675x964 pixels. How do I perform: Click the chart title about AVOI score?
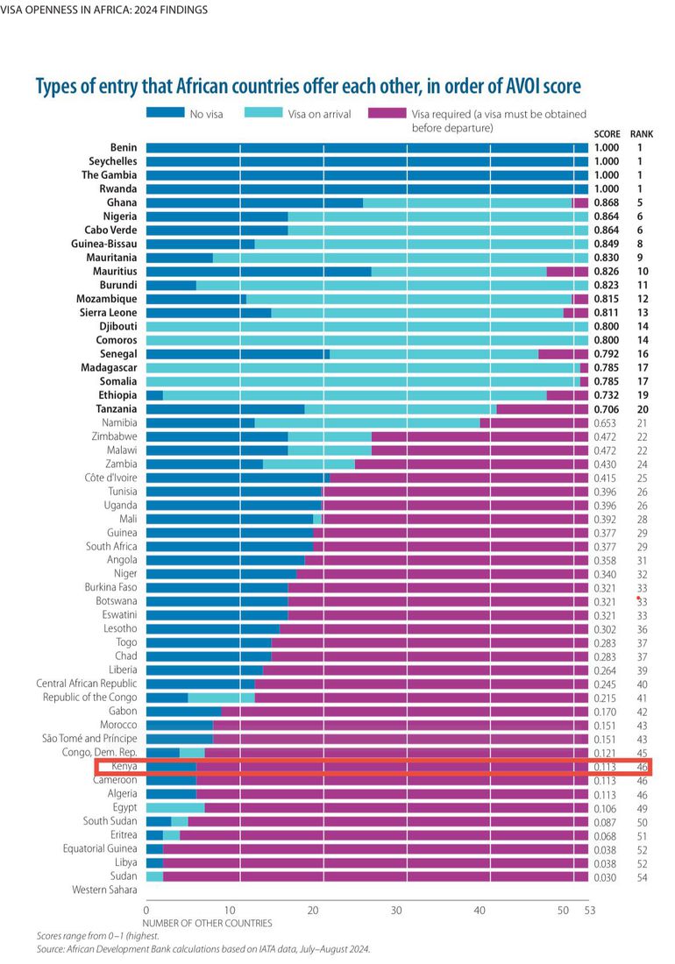point(307,87)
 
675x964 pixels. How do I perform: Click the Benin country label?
point(124,147)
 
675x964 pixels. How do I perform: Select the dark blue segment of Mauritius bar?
point(259,272)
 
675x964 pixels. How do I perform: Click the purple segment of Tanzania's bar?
point(542,408)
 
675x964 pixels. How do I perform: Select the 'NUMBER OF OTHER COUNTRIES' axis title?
point(207,923)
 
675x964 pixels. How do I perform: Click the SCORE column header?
point(607,134)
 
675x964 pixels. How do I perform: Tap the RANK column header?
point(641,134)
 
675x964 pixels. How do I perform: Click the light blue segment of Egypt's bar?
point(175,807)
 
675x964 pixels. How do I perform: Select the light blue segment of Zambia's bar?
point(309,464)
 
